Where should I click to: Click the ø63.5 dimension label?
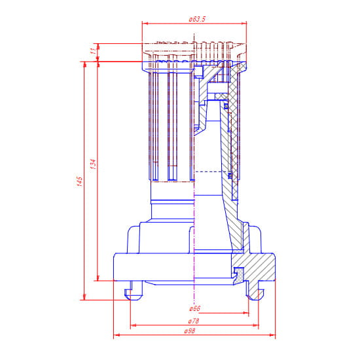(x=197, y=19)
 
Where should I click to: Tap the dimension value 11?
(x=93, y=51)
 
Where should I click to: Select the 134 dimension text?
(x=93, y=164)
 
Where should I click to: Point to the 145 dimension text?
(x=79, y=181)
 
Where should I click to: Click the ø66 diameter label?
(x=194, y=308)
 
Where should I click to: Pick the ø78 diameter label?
(x=194, y=321)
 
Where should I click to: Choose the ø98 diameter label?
(x=190, y=331)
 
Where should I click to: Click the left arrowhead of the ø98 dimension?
(x=117, y=335)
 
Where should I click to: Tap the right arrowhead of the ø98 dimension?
(x=272, y=335)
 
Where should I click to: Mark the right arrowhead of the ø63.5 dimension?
(x=243, y=24)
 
